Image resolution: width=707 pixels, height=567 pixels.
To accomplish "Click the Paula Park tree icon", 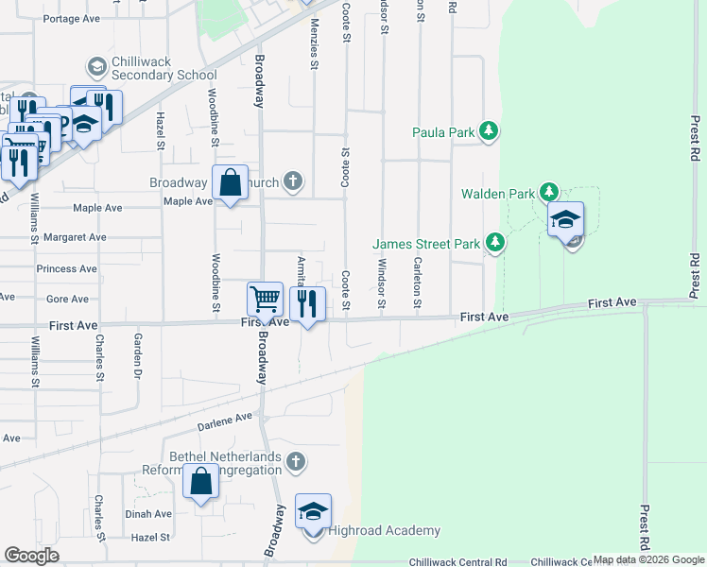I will point(489,132).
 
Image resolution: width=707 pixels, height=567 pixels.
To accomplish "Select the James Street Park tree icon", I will point(494,244).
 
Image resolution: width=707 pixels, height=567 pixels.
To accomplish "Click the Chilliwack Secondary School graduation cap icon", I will point(96,67).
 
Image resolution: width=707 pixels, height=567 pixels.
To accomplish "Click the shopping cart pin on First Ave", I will point(265,300).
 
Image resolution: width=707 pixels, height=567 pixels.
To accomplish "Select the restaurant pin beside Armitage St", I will point(307,304).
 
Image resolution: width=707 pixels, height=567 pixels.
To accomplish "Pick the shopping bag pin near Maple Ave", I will point(230,184).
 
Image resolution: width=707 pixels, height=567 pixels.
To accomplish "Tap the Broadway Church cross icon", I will point(294,181).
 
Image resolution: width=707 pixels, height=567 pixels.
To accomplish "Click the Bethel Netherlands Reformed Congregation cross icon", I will point(296,462).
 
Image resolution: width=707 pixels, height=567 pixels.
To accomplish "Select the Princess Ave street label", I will point(66,269).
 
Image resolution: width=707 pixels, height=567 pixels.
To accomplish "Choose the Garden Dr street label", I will point(138,352).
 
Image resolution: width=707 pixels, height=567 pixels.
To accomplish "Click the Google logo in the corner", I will point(31,556).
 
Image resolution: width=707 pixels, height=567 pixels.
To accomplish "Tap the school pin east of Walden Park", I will point(565,221).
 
